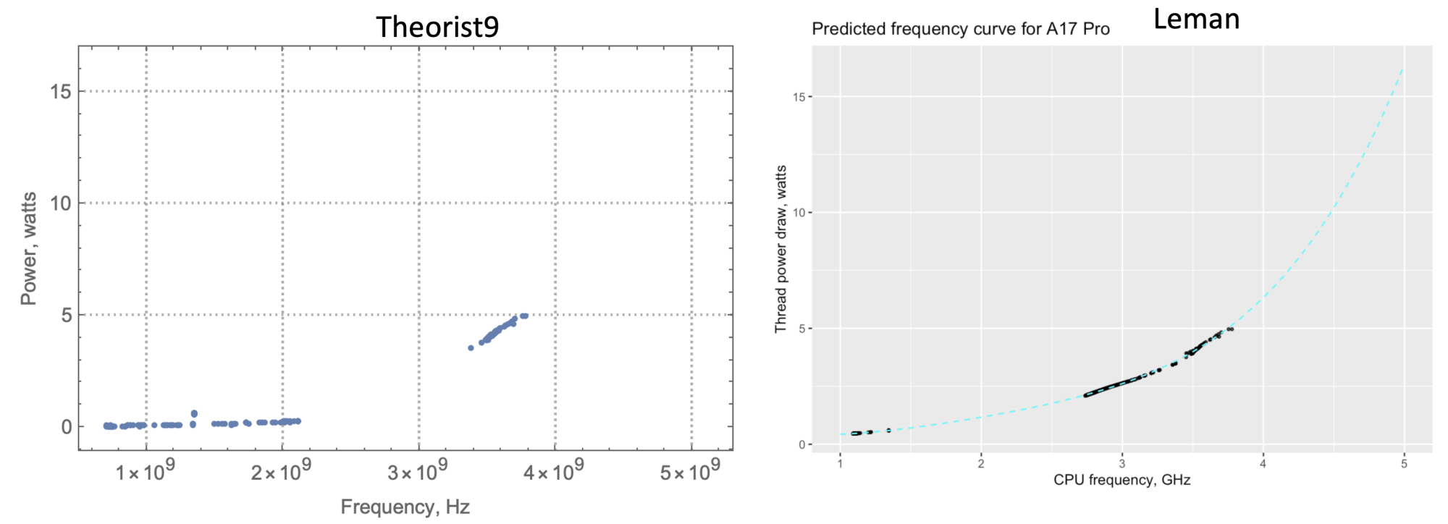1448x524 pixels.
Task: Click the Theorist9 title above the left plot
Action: pos(437,28)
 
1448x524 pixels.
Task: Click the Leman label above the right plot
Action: pos(1196,20)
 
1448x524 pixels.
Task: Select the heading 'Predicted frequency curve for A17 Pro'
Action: pos(960,30)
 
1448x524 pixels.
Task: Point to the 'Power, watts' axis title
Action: pos(28,248)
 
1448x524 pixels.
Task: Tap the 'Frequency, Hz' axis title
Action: pos(405,507)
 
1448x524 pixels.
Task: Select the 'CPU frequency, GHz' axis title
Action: pos(1121,480)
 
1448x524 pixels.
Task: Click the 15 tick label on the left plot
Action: pos(61,91)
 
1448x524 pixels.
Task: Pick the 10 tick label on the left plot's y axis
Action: pos(61,203)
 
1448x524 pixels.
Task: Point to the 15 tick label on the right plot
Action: pos(799,97)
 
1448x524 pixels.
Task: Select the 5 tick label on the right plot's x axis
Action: pos(1404,464)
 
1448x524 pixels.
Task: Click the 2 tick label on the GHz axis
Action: pos(981,464)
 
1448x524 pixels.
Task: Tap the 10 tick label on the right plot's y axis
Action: pos(799,213)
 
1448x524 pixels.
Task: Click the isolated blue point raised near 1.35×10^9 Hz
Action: pos(194,413)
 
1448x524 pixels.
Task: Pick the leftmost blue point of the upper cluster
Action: pos(471,348)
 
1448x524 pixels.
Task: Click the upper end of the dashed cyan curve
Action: pos(1403,69)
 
